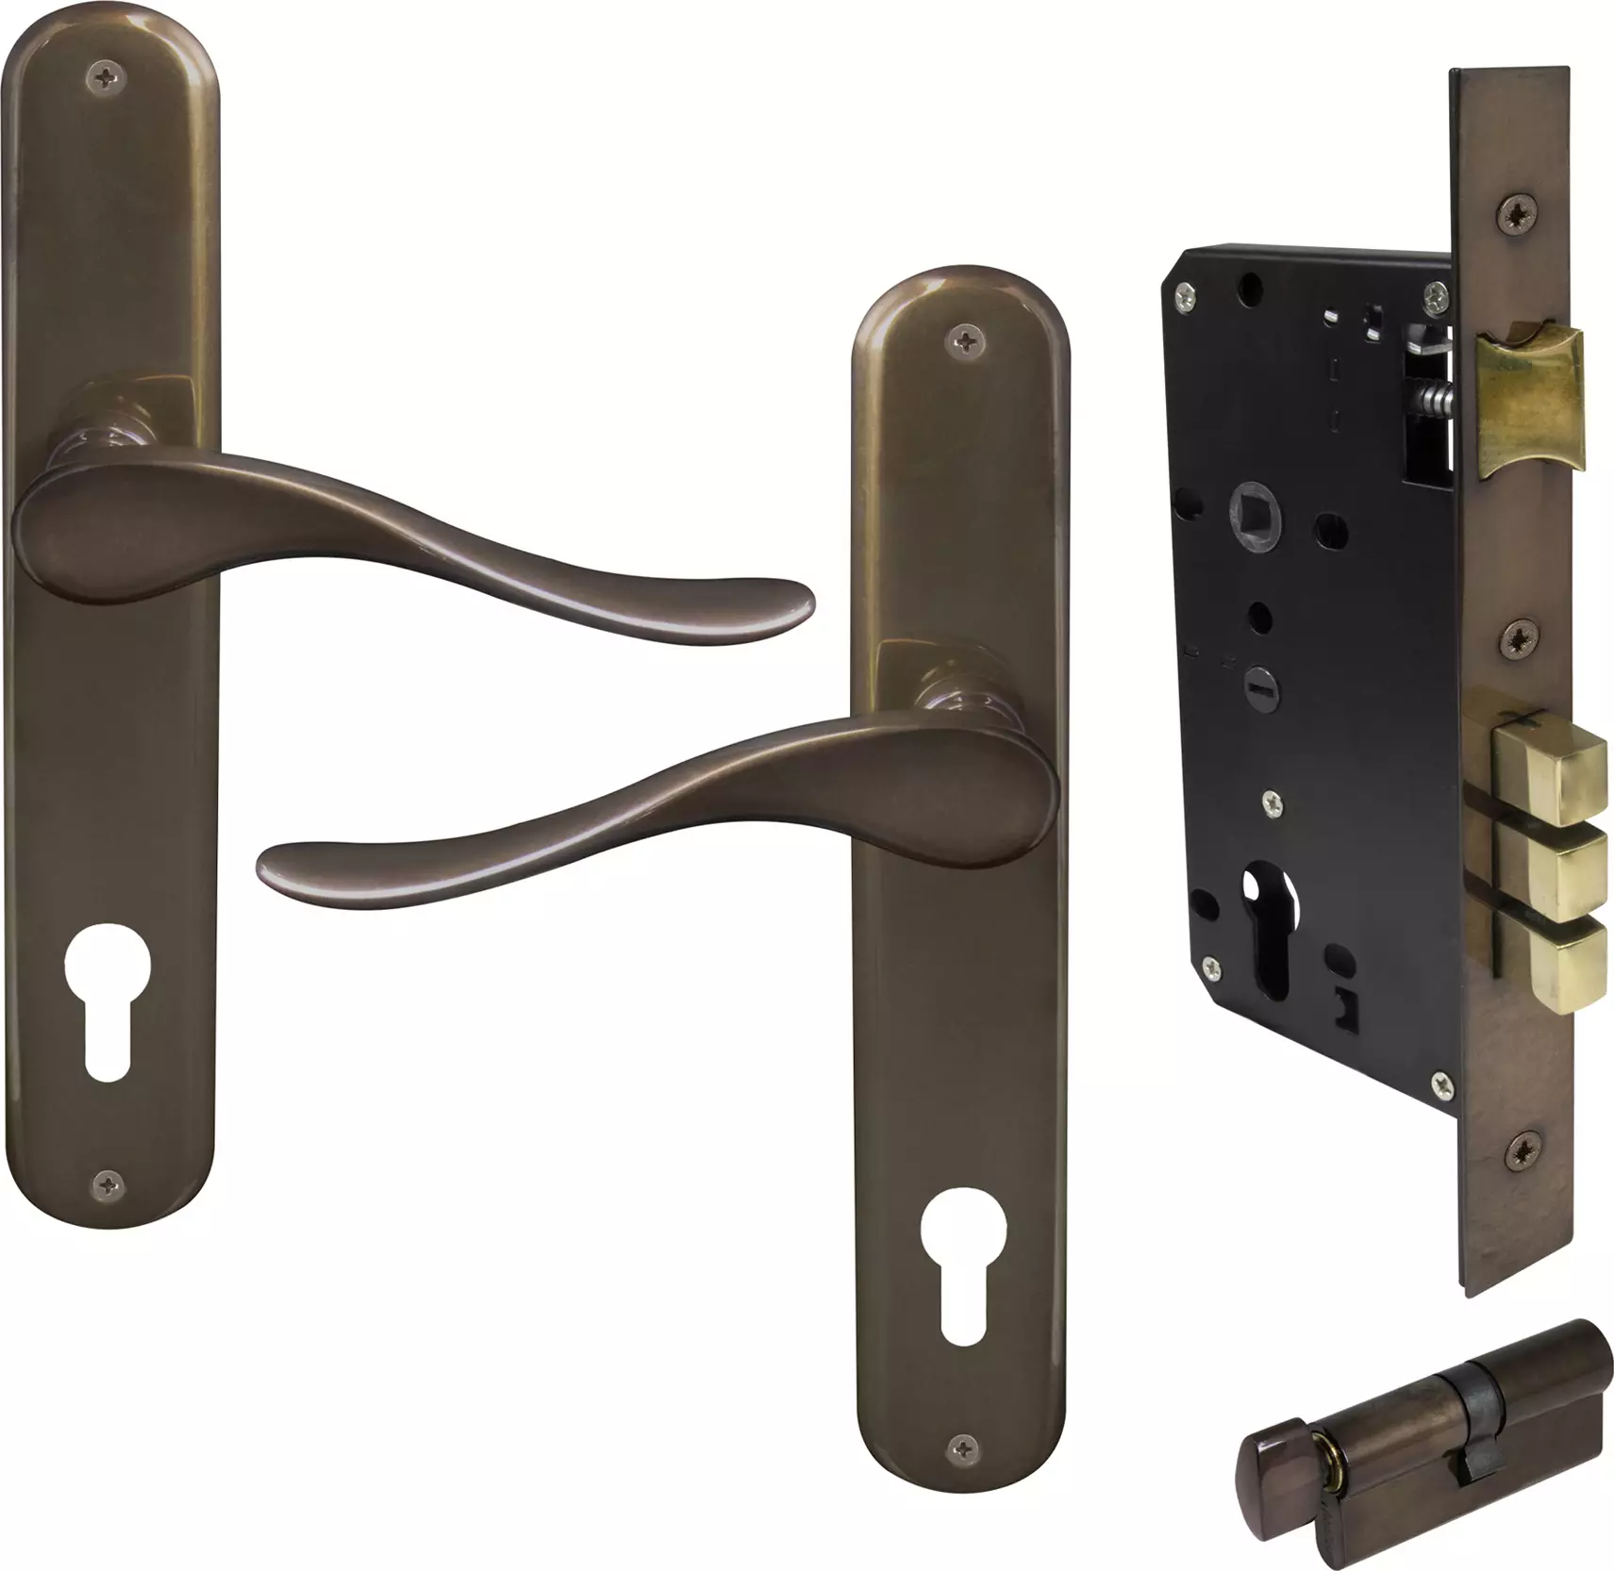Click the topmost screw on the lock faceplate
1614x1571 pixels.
click(1518, 213)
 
